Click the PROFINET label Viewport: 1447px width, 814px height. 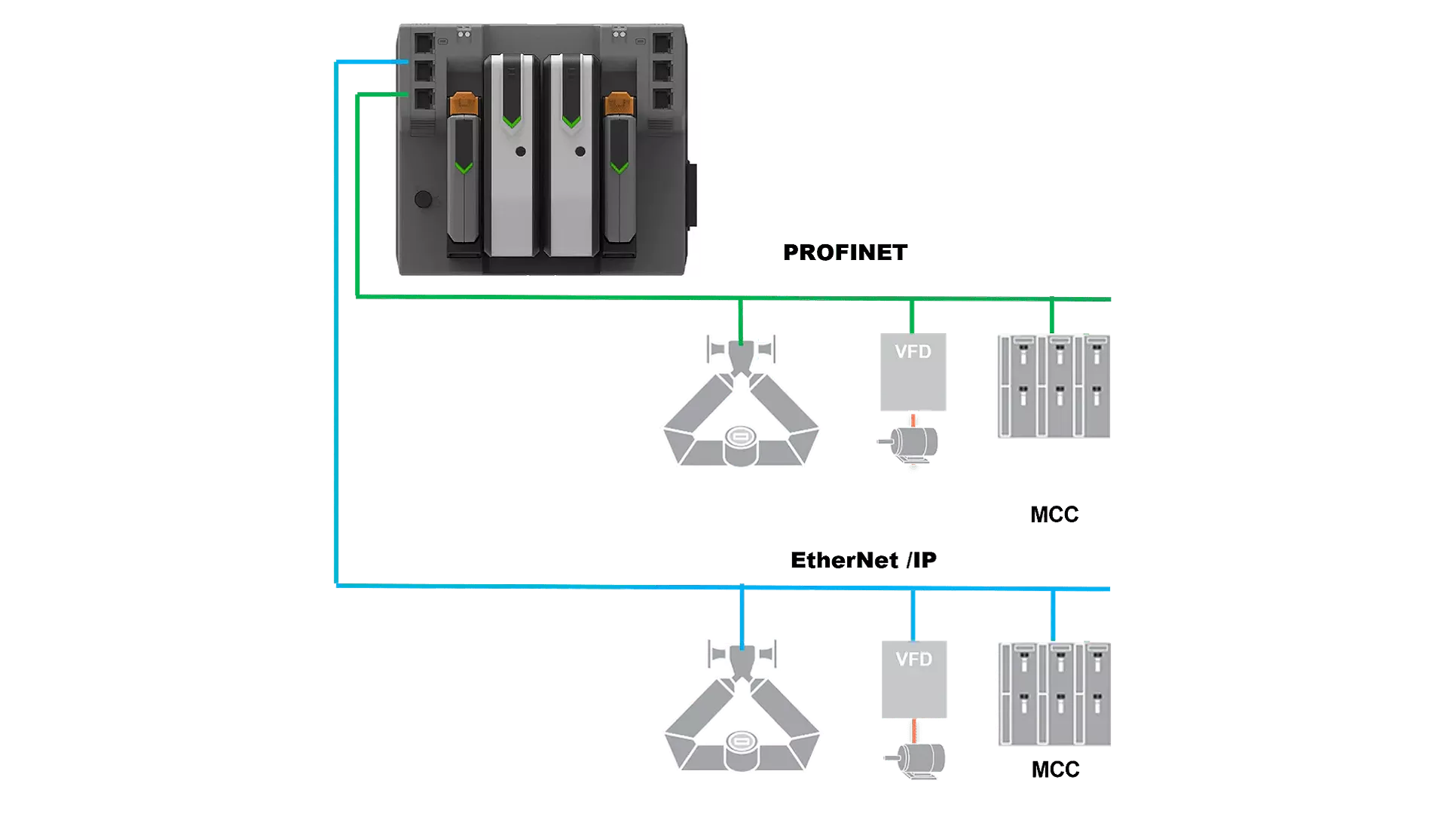tap(845, 252)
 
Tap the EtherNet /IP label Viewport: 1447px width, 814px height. tap(863, 561)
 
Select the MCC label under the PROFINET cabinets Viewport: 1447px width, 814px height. tap(1054, 515)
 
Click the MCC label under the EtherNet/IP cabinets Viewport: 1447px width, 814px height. tap(1054, 770)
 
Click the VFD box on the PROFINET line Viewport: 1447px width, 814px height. tap(913, 372)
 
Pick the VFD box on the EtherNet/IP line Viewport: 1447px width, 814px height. tap(914, 679)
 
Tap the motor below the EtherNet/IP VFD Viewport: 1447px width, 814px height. tap(916, 758)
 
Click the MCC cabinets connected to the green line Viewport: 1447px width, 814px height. tap(1054, 386)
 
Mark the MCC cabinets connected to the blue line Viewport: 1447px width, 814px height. tap(1054, 694)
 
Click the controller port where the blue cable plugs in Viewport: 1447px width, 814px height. tap(424, 70)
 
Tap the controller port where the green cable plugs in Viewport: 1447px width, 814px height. tap(424, 99)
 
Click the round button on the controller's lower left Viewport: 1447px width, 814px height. tap(424, 199)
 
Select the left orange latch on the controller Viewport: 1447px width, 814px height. tap(463, 104)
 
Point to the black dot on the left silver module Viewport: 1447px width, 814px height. tap(520, 151)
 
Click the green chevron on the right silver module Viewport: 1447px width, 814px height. tap(571, 122)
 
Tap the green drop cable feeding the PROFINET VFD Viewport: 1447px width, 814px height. tap(912, 317)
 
